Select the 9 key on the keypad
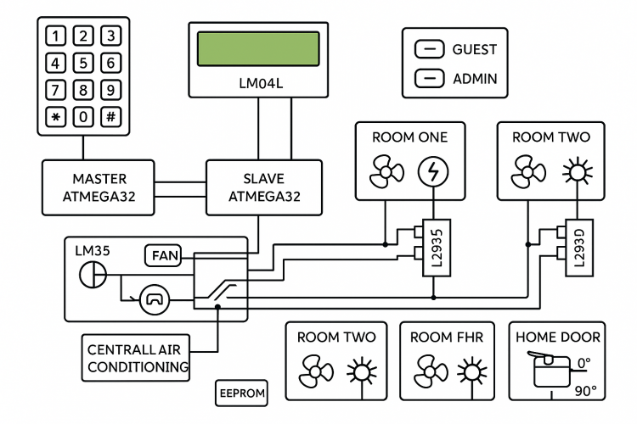110,89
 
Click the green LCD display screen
258,49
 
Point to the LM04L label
258,85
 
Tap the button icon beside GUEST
430,50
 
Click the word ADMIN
475,79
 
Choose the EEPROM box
242,393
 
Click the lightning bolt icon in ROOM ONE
434,173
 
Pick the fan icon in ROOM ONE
386,173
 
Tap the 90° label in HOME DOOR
587,390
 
